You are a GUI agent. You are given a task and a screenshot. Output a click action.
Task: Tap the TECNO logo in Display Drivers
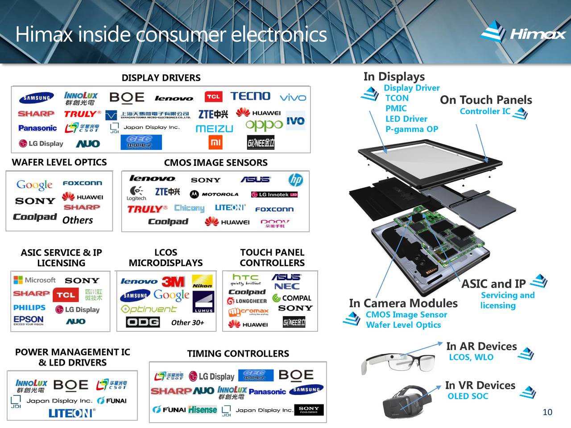(250, 96)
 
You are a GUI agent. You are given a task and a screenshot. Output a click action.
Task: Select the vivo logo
(293, 98)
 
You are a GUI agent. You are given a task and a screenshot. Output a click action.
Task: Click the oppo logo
(264, 125)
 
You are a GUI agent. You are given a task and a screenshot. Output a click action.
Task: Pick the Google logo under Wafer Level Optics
(34, 185)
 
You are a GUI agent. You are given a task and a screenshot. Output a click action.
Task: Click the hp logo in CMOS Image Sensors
(295, 180)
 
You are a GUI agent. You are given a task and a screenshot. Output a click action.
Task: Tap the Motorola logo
(214, 194)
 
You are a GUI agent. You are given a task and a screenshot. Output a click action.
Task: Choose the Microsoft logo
(35, 280)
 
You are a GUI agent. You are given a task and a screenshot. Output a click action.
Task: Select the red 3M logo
(173, 282)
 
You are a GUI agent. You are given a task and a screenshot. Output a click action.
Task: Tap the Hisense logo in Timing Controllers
(203, 410)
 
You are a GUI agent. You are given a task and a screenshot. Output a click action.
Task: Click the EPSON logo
(29, 320)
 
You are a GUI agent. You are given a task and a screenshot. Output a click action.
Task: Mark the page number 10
(547, 412)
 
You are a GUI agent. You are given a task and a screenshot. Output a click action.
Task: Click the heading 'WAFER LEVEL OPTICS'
(59, 162)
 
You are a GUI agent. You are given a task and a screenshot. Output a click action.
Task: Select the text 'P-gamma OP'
(411, 129)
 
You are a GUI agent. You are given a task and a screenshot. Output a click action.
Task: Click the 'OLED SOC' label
(468, 396)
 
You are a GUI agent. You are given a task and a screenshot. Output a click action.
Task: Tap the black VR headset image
(407, 402)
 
